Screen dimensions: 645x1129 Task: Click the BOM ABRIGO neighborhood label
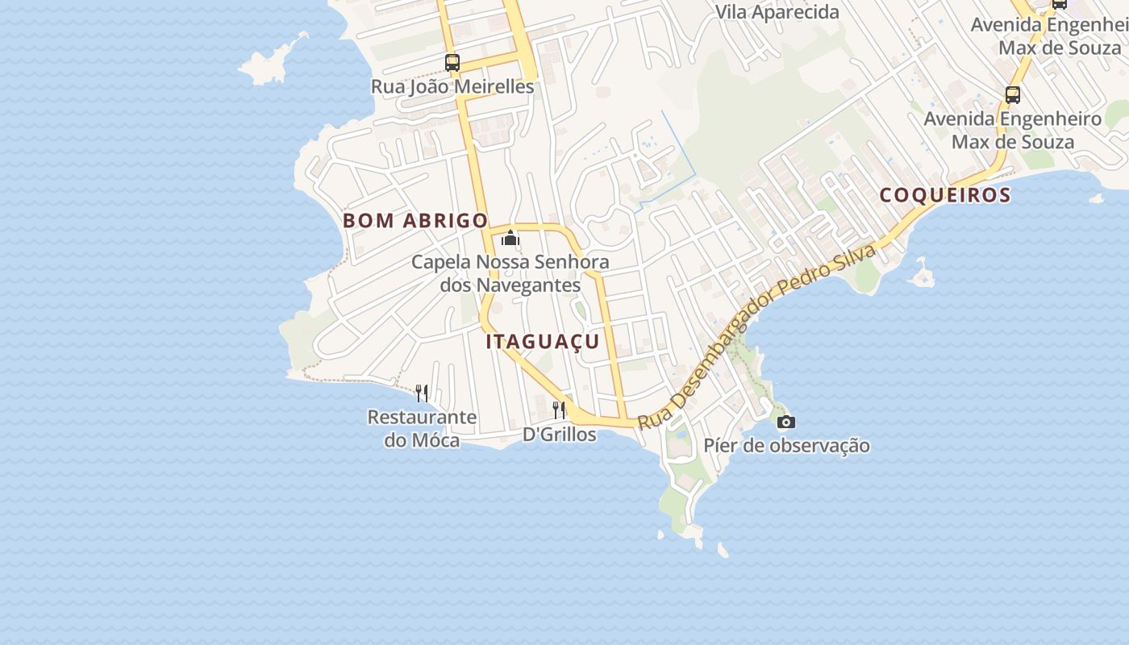point(415,220)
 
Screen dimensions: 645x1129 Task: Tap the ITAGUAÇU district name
point(543,341)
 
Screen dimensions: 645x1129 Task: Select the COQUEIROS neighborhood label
point(944,194)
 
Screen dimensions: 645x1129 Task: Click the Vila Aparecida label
point(777,12)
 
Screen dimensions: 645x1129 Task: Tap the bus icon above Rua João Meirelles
point(452,62)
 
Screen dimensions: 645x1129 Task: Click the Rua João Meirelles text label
point(452,86)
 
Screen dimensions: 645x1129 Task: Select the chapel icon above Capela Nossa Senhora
point(510,238)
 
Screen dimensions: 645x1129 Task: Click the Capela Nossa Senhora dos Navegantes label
point(510,273)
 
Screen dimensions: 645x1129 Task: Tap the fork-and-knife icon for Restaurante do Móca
point(422,393)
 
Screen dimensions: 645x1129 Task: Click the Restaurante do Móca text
point(422,428)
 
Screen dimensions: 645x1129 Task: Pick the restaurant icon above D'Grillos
point(559,410)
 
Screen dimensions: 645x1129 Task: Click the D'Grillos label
point(559,435)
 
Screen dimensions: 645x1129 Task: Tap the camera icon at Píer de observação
point(785,422)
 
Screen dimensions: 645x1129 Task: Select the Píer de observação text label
point(786,445)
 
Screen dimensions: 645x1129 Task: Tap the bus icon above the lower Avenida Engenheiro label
point(1013,94)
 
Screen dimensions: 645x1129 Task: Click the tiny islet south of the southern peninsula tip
point(723,551)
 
